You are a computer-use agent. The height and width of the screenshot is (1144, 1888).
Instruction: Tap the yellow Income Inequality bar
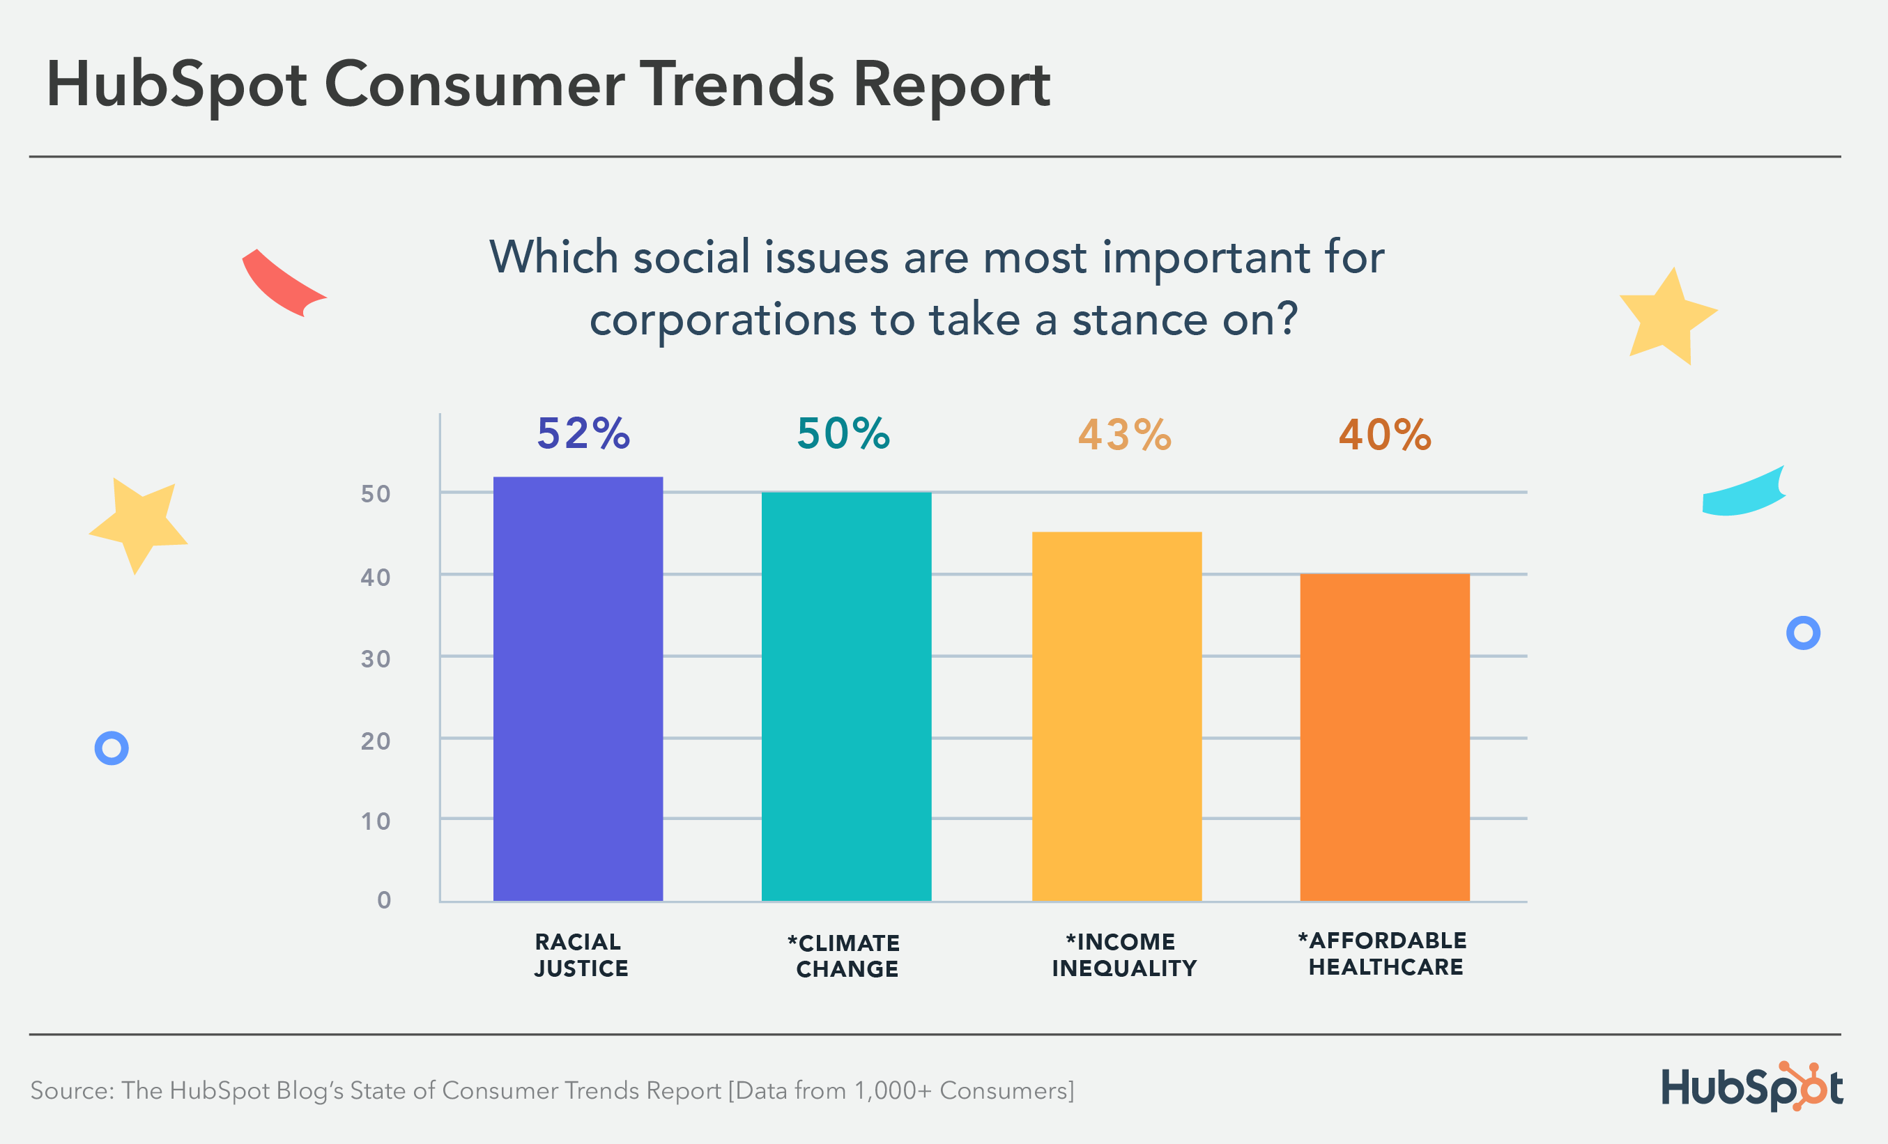click(x=1116, y=716)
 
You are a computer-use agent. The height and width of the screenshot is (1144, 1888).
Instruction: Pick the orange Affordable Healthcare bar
click(x=1385, y=736)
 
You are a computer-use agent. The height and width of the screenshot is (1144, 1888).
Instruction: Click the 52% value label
click(x=583, y=433)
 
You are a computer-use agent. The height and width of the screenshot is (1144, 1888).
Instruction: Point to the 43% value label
click(x=1124, y=435)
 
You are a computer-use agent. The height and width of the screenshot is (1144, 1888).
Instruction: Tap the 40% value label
click(x=1385, y=435)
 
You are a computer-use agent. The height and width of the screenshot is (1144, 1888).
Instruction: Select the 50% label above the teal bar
click(x=843, y=433)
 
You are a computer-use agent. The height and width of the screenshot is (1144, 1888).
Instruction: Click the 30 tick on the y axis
click(x=376, y=659)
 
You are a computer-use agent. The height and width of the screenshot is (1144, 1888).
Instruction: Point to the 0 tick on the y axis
click(x=384, y=899)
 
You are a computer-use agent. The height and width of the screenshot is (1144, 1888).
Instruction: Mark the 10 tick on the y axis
click(x=376, y=821)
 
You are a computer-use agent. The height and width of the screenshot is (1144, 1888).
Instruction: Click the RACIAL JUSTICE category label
click(x=580, y=954)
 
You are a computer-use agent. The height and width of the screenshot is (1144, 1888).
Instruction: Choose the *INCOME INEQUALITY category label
click(x=1123, y=954)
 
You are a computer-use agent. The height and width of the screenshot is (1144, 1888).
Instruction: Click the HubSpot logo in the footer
click(x=1751, y=1087)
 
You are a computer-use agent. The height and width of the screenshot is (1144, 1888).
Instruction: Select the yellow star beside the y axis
click(x=139, y=524)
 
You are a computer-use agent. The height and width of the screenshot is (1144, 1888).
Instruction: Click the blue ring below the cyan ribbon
click(x=1803, y=633)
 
